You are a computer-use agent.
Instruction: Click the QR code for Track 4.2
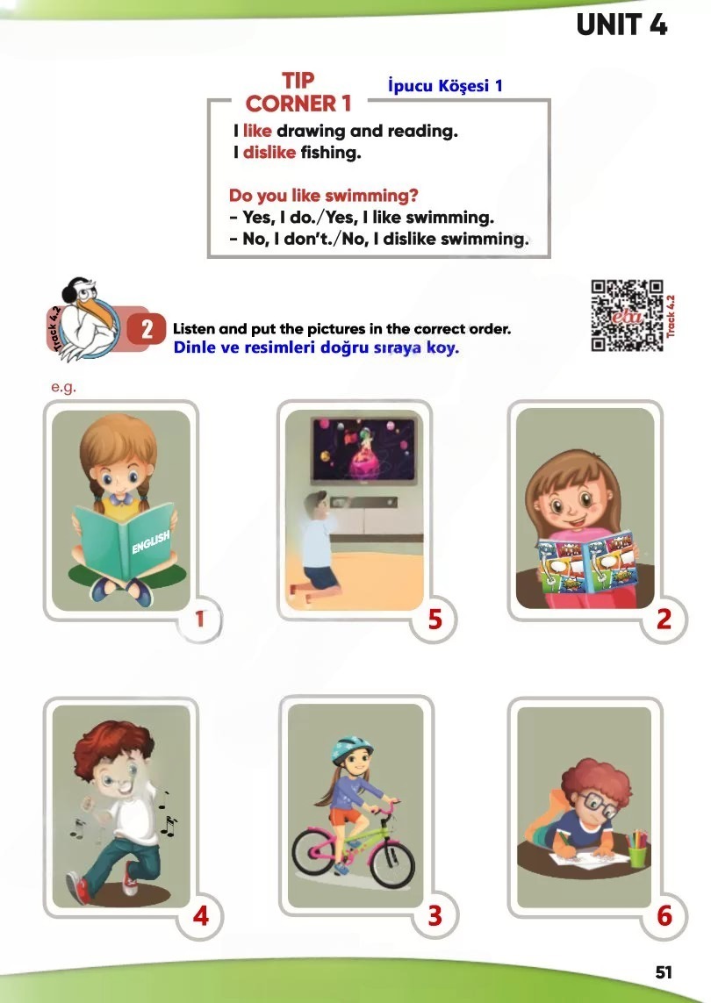(627, 315)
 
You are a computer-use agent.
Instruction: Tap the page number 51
(664, 972)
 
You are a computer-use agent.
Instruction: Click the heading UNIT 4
(621, 25)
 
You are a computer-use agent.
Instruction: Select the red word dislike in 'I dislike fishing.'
(269, 152)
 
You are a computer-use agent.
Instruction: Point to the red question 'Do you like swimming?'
(323, 195)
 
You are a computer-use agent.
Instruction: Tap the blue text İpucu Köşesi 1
(445, 86)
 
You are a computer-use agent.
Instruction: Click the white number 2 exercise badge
(147, 329)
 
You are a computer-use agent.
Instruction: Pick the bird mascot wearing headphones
(86, 318)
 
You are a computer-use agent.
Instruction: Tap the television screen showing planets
(363, 449)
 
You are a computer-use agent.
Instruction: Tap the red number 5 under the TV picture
(435, 620)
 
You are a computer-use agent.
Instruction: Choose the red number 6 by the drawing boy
(665, 916)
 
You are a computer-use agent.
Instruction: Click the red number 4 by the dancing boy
(201, 916)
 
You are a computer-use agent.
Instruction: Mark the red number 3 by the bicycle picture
(435, 916)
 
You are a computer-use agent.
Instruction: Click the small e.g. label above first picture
(63, 388)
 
